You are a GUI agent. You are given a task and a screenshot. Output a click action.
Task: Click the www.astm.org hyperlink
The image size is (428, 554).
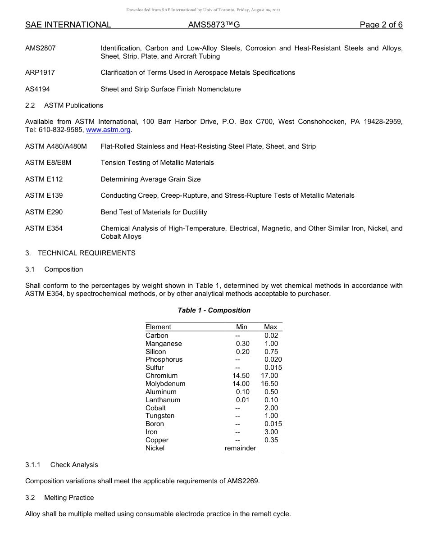[108, 130]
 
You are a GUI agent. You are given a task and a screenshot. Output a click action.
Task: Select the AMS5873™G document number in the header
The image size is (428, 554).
[214, 25]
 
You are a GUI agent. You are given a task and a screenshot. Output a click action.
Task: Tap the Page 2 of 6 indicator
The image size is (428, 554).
[381, 25]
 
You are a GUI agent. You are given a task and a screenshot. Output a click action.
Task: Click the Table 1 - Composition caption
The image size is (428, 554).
[214, 310]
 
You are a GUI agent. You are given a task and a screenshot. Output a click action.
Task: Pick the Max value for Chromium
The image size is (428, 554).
[269, 376]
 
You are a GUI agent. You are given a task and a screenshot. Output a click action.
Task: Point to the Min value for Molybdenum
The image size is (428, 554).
[241, 384]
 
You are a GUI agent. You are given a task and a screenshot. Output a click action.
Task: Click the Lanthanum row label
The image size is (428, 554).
[163, 400]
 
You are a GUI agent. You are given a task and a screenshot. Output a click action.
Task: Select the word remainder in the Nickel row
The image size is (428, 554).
[240, 448]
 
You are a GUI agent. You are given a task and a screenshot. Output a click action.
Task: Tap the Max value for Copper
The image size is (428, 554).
[271, 440]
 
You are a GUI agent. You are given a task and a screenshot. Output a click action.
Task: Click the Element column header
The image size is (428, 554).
[158, 327]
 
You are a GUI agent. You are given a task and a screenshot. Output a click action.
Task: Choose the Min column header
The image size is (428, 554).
[241, 327]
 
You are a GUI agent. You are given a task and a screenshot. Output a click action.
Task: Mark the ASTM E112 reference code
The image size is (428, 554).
[44, 179]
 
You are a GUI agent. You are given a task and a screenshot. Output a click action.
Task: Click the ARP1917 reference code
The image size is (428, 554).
[40, 73]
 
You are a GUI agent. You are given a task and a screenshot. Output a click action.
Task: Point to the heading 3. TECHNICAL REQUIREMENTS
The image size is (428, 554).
[80, 253]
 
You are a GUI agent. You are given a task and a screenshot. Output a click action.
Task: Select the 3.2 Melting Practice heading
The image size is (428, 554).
[59, 498]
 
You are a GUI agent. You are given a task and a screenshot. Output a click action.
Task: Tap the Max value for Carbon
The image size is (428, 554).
[271, 336]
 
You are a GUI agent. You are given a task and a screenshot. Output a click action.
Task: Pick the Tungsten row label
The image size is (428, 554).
[160, 416]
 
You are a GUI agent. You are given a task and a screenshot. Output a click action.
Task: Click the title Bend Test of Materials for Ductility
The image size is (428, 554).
[154, 212]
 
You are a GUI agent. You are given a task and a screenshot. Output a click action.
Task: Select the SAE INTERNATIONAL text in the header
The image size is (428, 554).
[68, 25]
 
